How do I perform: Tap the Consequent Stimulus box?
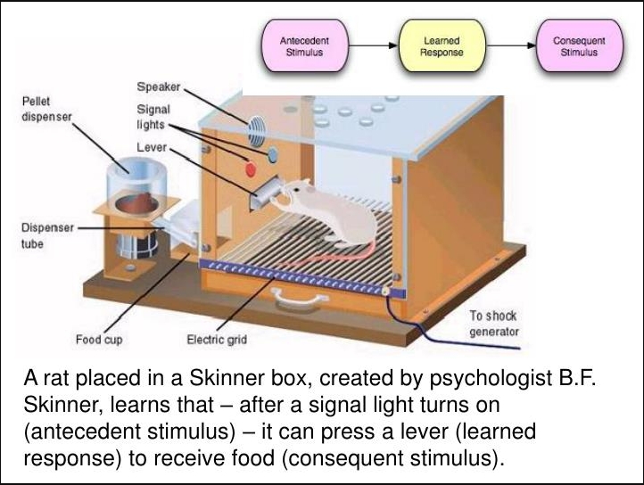pyautogui.click(x=578, y=46)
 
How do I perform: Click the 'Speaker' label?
pyautogui.click(x=159, y=87)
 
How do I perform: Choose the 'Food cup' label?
pyautogui.click(x=98, y=340)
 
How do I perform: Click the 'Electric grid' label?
pyautogui.click(x=217, y=340)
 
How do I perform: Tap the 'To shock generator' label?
pyautogui.click(x=493, y=325)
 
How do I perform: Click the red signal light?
pyautogui.click(x=251, y=167)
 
